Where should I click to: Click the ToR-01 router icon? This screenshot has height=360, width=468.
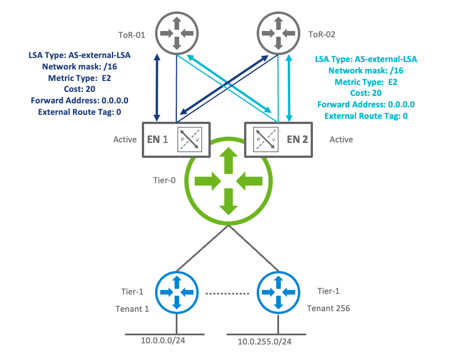pyautogui.click(x=176, y=33)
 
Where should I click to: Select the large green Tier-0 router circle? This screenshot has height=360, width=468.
pyautogui.click(x=229, y=181)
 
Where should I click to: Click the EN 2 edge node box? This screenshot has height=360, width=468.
pyautogui.click(x=280, y=139)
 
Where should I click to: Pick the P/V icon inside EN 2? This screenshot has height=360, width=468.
pyautogui.click(x=265, y=140)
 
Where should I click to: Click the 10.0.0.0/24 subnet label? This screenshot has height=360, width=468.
pyautogui.click(x=163, y=341)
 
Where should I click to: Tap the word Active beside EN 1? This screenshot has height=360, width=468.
pyautogui.click(x=125, y=140)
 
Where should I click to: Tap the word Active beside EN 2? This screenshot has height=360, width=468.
pyautogui.click(x=341, y=140)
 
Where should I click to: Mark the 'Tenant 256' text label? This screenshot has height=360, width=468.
pyautogui.click(x=328, y=308)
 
